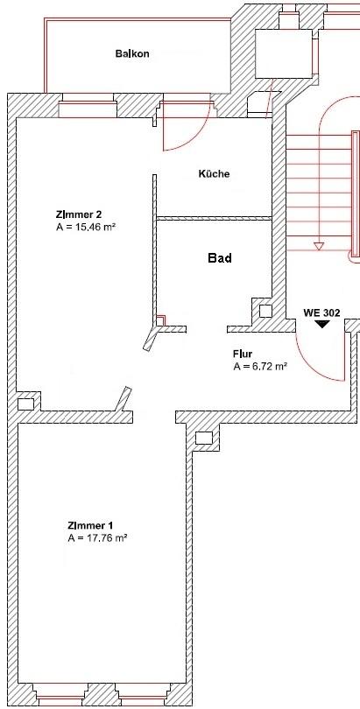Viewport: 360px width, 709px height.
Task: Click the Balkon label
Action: click(x=131, y=54)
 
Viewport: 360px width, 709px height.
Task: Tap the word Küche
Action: click(x=214, y=173)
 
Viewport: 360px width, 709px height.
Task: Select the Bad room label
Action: click(x=219, y=258)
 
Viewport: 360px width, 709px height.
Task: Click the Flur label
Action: click(x=243, y=354)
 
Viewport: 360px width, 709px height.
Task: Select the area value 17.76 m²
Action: click(x=97, y=538)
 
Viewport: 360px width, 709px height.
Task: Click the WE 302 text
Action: click(x=321, y=312)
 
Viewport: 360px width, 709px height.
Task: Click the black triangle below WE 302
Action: click(x=322, y=324)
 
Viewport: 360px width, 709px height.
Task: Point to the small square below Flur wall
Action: click(x=205, y=438)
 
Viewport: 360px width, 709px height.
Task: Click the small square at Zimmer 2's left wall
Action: click(x=25, y=404)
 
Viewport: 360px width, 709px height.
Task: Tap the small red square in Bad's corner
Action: click(x=160, y=319)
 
